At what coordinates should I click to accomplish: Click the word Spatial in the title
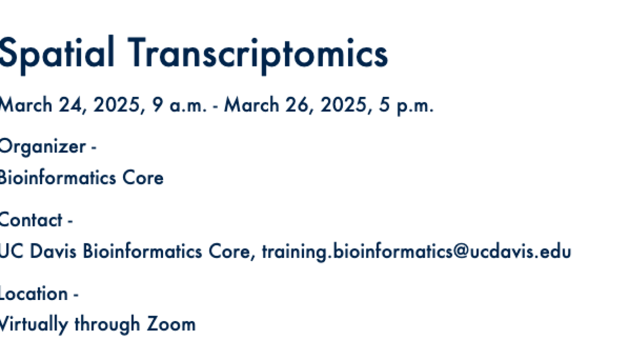(x=56, y=53)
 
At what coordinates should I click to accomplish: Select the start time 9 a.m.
(x=179, y=105)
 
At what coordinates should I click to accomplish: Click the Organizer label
(x=41, y=146)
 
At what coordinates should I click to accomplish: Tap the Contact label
(x=31, y=220)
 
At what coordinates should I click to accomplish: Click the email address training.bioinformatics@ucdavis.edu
(x=416, y=251)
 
